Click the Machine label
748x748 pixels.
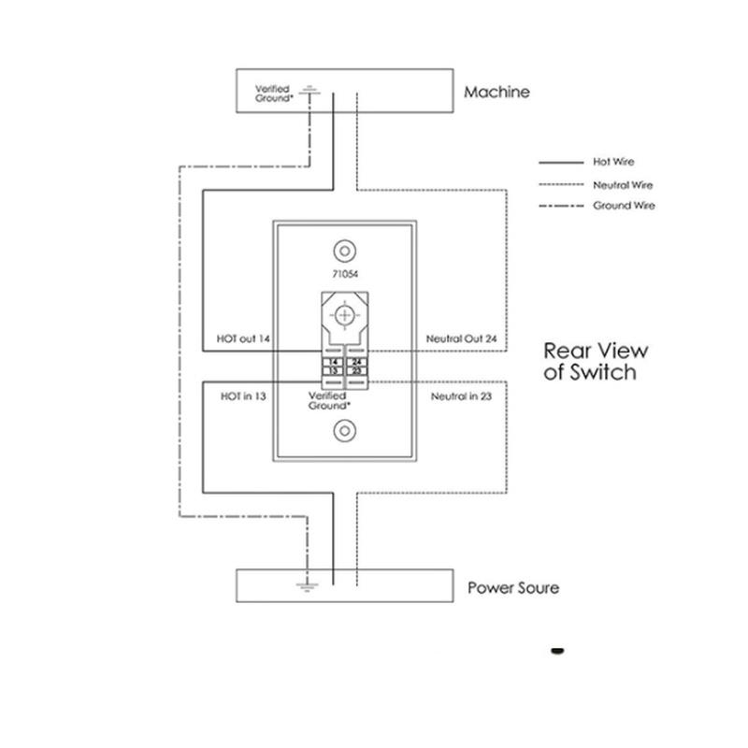(496, 92)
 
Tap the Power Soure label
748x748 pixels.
(513, 588)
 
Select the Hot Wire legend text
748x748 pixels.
(613, 162)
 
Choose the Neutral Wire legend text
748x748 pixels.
(623, 185)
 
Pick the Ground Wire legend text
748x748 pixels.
(624, 206)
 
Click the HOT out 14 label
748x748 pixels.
(243, 338)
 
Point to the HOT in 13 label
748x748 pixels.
(243, 396)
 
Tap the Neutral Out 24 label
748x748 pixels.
(461, 338)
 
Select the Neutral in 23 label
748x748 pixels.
(461, 396)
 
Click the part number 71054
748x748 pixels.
(345, 274)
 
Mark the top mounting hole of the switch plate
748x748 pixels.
(345, 251)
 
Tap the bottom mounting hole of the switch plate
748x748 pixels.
(345, 431)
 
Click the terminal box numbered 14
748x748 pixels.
(334, 362)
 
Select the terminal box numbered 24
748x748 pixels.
(356, 362)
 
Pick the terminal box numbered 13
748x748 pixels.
(334, 370)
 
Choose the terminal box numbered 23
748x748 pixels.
(356, 370)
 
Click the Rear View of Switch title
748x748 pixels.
(596, 362)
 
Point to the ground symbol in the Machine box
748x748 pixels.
(310, 91)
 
